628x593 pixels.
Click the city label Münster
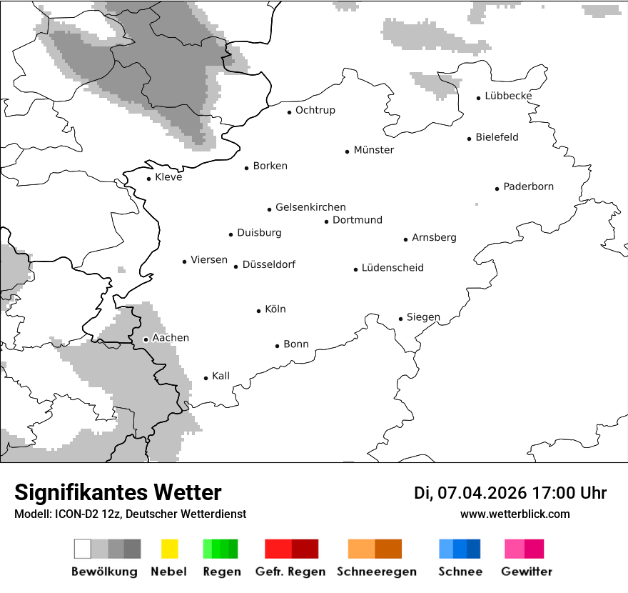[373, 150]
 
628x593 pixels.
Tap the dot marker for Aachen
[146, 339]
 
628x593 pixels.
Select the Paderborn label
[528, 187]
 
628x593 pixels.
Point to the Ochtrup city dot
[289, 112]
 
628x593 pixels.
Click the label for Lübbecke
[508, 96]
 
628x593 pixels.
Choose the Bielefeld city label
[497, 137]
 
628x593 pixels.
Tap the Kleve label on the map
[168, 177]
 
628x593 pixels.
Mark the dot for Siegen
[400, 319]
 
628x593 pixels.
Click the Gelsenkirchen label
[310, 207]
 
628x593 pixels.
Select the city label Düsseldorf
[268, 264]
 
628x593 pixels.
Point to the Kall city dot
[206, 378]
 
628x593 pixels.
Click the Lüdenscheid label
[392, 268]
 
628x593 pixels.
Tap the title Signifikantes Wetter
[118, 493]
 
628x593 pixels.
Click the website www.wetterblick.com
[515, 514]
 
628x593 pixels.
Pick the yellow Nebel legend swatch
[169, 549]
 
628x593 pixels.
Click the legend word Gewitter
[526, 572]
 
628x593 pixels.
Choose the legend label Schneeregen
[376, 572]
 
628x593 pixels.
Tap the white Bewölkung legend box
[83, 549]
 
